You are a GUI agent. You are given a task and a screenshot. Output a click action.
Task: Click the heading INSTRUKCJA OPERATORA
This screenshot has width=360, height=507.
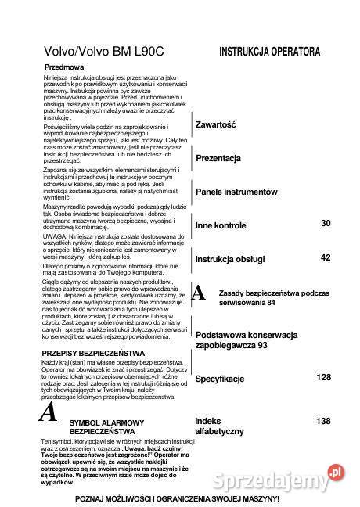[x=269, y=52]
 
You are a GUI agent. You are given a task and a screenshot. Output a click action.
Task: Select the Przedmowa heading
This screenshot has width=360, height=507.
[x=64, y=68]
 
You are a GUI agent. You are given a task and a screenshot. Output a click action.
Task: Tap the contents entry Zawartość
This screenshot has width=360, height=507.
[x=215, y=124]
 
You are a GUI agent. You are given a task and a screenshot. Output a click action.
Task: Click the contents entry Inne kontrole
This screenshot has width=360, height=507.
[x=221, y=225]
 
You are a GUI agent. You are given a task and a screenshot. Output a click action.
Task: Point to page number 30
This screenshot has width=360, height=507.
[x=326, y=224]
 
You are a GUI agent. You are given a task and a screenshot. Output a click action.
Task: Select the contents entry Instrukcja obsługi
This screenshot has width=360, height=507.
[x=229, y=258]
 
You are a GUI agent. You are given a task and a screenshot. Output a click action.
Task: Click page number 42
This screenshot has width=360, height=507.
[x=326, y=257]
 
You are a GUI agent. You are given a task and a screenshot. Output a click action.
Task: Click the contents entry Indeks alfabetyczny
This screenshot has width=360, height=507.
[x=219, y=426]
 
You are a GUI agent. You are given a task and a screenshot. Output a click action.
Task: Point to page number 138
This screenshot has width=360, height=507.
[x=323, y=421]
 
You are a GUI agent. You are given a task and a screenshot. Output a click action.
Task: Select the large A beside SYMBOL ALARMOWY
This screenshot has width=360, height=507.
[x=49, y=412]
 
